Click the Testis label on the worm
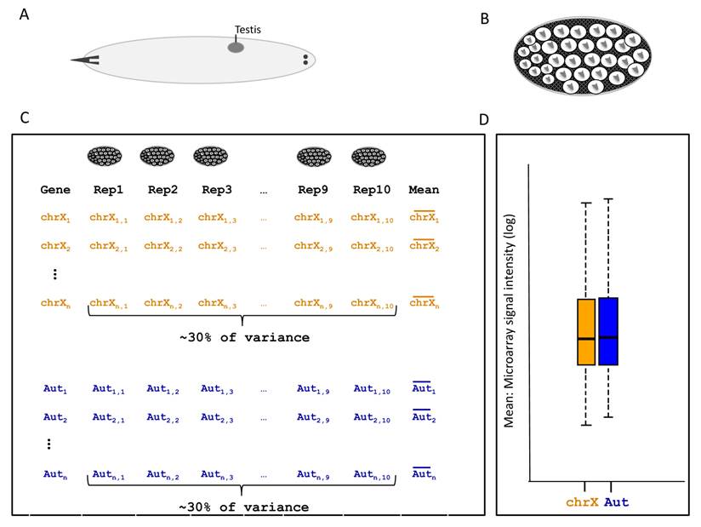tap(248, 30)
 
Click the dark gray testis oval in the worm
tap(236, 48)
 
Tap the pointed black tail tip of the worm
tap(78, 60)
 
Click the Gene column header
tap(55, 190)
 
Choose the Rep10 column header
tap(372, 190)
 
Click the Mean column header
tap(424, 190)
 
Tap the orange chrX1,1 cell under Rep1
tap(109, 218)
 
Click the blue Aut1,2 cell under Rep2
tap(163, 389)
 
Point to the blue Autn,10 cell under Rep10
tap(372, 474)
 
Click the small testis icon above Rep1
tap(105, 156)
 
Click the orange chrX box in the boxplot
tap(586, 332)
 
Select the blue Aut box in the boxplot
tap(608, 331)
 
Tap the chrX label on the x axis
tap(583, 502)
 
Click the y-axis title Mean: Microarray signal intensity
tap(511, 319)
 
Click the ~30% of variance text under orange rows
tap(243, 337)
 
